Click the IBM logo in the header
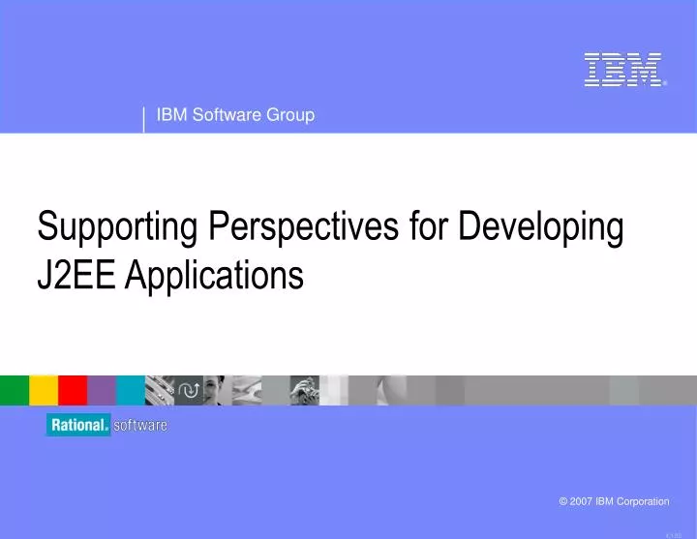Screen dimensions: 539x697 tap(623, 71)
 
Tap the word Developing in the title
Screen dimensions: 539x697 tap(538, 228)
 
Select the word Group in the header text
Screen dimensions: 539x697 tap(291, 115)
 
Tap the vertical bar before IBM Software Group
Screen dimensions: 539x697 tap(144, 118)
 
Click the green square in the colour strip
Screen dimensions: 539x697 tap(14, 389)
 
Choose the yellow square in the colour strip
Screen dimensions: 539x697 tap(44, 389)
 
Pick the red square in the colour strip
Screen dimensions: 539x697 tap(73, 389)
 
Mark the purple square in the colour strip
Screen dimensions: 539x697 tap(102, 389)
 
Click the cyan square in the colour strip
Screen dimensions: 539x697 tap(131, 389)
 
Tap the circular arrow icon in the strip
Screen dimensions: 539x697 tap(189, 389)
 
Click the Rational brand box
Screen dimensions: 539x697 tap(78, 426)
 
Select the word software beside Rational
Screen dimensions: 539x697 tap(140, 426)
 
